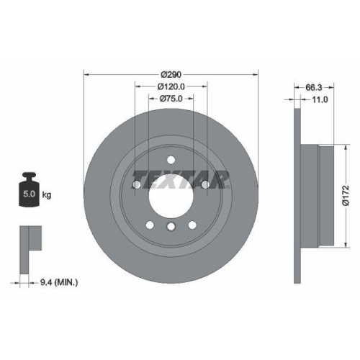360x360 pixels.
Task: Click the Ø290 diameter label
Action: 171,74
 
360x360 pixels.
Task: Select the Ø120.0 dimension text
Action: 171,86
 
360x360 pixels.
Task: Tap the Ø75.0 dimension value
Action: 171,99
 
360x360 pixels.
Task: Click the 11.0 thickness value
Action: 319,99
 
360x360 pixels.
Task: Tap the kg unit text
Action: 47,195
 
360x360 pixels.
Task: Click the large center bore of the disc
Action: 171,193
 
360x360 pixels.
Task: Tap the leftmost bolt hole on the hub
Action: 136,185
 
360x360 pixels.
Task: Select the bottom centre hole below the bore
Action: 171,228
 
